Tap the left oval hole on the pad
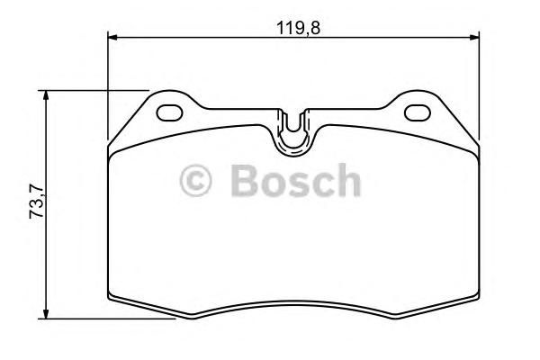click(169, 113)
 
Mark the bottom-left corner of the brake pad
click(110, 300)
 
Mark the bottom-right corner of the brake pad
click(477, 300)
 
